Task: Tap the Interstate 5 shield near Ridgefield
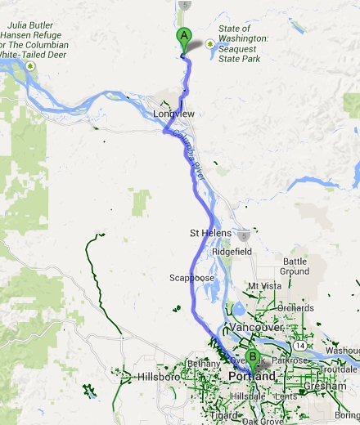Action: pos(245,233)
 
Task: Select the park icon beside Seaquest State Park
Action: pos(210,42)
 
